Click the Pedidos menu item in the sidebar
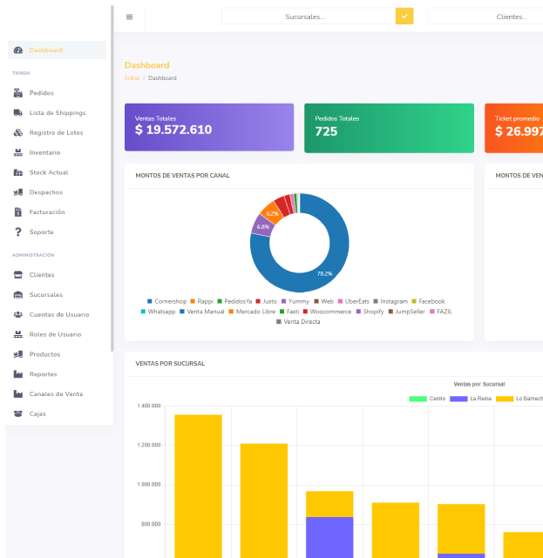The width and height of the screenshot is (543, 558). tap(41, 92)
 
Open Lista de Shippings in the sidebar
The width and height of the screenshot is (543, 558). tap(57, 112)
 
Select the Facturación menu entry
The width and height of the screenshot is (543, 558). tap(46, 212)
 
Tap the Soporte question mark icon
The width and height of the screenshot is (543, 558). tap(18, 232)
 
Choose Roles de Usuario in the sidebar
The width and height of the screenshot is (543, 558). tap(55, 334)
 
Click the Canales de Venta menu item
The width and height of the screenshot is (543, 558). tap(56, 393)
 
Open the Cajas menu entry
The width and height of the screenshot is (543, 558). tap(37, 413)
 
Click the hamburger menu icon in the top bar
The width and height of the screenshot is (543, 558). tap(130, 17)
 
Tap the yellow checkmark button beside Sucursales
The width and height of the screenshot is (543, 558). tap(404, 17)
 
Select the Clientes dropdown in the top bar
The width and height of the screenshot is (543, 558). tap(485, 17)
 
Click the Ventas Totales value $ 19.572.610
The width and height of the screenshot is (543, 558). tap(173, 130)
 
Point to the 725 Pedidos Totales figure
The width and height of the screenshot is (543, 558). tap(326, 131)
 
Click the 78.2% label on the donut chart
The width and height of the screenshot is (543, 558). tap(324, 273)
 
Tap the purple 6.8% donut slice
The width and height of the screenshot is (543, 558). tap(261, 226)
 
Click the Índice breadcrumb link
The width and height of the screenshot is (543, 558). tap(132, 78)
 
